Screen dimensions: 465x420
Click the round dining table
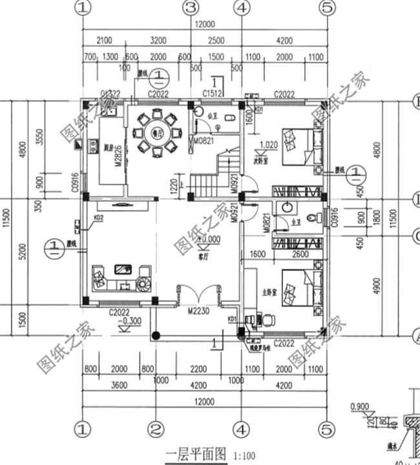157,132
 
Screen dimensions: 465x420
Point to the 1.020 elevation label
269,144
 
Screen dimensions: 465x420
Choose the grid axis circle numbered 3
190,8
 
